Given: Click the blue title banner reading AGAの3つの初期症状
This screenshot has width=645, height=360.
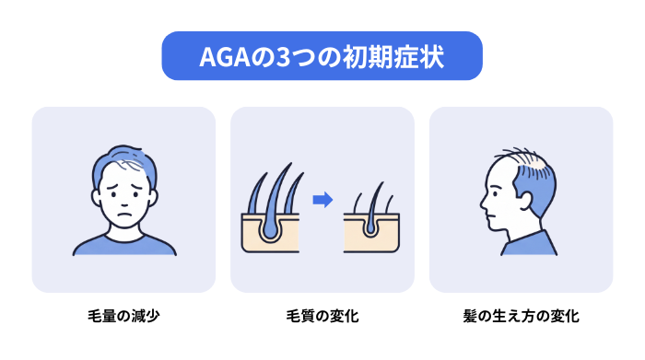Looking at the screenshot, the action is point(322,56).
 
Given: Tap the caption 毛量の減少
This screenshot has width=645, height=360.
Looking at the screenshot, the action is point(123,316).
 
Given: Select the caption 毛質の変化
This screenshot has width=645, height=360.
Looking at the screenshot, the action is point(322,316).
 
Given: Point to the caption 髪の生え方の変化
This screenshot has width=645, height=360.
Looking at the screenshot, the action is point(522,316).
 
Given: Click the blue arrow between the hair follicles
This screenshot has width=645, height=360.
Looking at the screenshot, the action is point(322,200).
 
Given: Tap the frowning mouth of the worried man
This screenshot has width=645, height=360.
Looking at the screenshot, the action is point(124,215).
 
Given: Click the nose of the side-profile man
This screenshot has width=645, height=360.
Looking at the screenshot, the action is point(484,203).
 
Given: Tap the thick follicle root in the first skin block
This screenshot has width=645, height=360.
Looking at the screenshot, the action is point(269,228).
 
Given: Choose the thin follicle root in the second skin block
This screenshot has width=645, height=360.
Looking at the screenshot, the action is point(370,227).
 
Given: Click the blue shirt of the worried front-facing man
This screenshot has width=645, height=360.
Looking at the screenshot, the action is point(124,246).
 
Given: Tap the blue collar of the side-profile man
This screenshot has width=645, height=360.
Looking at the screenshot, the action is point(530,244).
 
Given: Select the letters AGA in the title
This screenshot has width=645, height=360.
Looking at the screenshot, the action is point(225,57).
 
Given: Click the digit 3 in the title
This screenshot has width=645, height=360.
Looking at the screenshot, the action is point(283,57).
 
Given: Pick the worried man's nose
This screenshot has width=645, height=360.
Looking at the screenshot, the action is point(124,202).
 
